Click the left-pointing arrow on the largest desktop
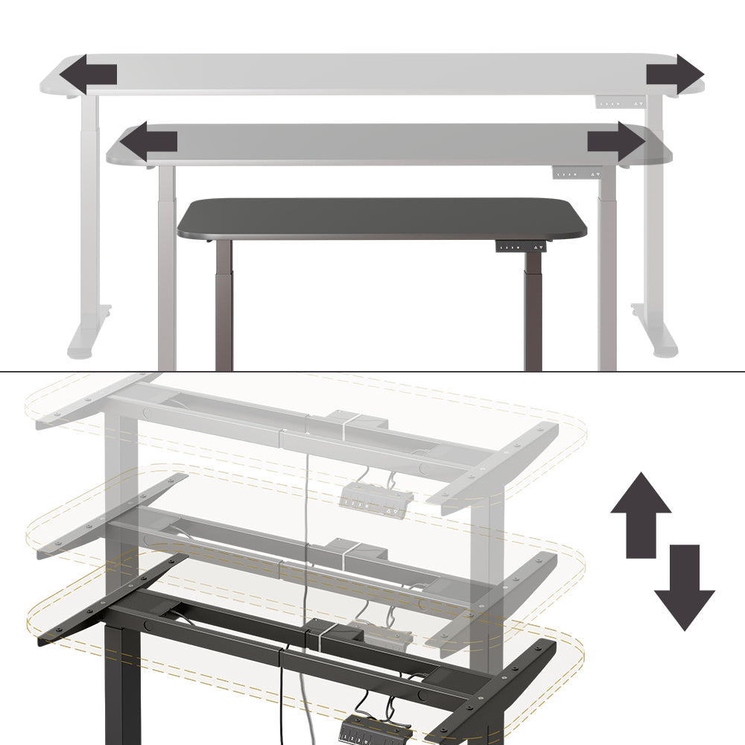point(87,74)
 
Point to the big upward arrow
point(641,514)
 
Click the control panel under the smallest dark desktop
point(521,247)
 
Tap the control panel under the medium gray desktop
point(576,174)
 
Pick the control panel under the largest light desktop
point(620,103)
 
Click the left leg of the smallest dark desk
point(223,305)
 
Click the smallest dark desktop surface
point(380,218)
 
